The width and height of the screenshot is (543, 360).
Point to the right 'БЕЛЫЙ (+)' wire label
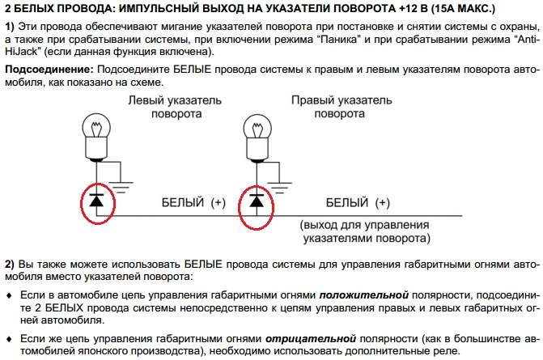[357, 202]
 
